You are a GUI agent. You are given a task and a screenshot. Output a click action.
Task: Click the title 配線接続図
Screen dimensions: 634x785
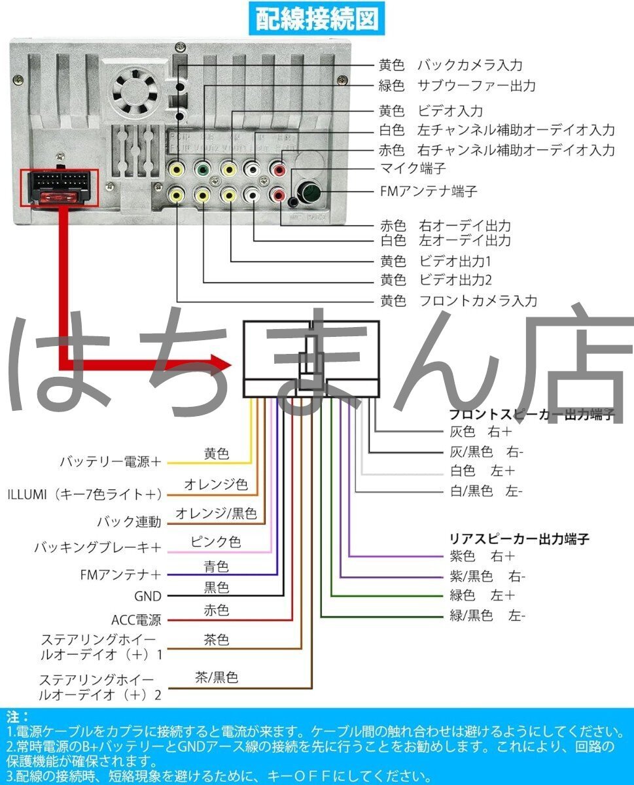[317, 20]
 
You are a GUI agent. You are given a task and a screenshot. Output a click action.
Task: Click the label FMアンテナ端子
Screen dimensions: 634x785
[429, 191]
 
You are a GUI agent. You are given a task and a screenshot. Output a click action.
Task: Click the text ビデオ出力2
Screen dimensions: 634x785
[455, 281]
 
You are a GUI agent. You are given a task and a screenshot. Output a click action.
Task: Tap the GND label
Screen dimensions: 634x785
[147, 596]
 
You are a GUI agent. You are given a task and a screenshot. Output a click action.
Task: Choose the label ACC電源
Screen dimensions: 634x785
[136, 619]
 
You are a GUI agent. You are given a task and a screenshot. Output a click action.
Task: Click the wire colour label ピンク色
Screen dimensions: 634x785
[216, 542]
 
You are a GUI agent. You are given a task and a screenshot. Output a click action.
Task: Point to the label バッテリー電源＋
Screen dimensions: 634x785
[111, 462]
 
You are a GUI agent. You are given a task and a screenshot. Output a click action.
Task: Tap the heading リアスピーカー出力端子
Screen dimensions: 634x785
[520, 539]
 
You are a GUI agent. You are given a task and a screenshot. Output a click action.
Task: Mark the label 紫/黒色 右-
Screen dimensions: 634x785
[487, 576]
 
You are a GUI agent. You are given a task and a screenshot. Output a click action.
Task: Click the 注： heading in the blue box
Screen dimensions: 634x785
[18, 716]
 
